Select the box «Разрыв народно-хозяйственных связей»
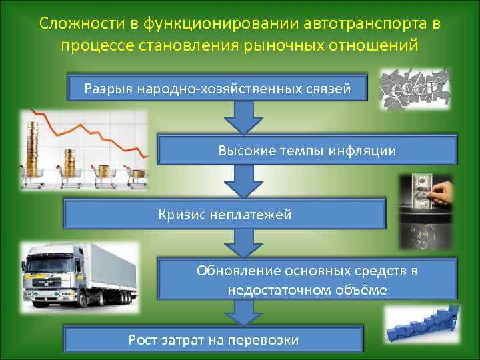(217, 87)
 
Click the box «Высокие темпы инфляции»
(307, 151)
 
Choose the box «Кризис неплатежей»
(225, 214)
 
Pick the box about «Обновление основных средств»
(307, 281)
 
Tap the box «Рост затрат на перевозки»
(213, 339)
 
